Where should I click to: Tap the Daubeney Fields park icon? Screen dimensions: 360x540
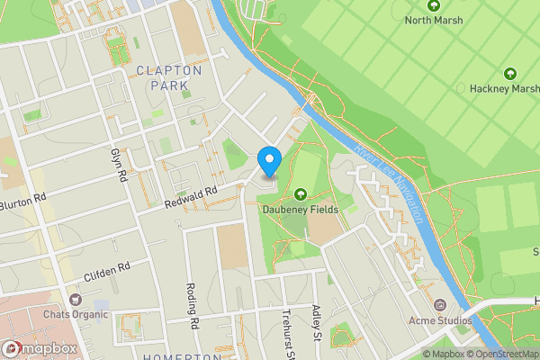[300, 193]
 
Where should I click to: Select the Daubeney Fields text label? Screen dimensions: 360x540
[300, 209]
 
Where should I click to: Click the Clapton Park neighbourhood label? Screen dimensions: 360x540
[170, 77]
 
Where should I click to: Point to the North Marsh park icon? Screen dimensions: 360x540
[435, 5]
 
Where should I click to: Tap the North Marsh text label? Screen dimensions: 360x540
[435, 20]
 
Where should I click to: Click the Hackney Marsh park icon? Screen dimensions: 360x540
[510, 74]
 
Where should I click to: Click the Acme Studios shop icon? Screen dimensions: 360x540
[439, 306]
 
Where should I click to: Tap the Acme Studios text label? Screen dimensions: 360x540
[439, 321]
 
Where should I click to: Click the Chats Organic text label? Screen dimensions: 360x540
[76, 314]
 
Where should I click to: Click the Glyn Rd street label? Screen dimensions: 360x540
[117, 164]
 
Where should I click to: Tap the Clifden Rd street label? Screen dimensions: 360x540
[107, 268]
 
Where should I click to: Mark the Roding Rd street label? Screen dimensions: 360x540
[192, 306]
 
